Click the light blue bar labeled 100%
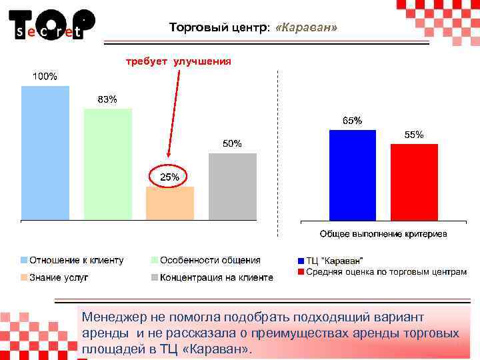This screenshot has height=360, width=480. [45, 153]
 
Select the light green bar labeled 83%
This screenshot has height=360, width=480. [108, 164]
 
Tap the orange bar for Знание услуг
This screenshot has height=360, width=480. [170, 203]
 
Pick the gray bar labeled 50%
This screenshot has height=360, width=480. [233, 186]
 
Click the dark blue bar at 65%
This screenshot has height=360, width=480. [353, 175]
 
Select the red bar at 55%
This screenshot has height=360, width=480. [414, 181]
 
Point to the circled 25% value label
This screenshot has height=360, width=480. [169, 177]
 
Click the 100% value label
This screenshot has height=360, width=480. [45, 76]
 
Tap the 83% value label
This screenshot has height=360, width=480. [107, 99]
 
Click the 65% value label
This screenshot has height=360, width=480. [353, 121]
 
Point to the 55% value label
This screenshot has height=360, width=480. [414, 135]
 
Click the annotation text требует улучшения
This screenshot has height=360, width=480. [179, 61]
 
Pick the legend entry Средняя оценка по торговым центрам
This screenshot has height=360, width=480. [386, 272]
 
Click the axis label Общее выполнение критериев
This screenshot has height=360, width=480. [383, 234]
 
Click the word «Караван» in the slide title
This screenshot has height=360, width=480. [311, 29]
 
